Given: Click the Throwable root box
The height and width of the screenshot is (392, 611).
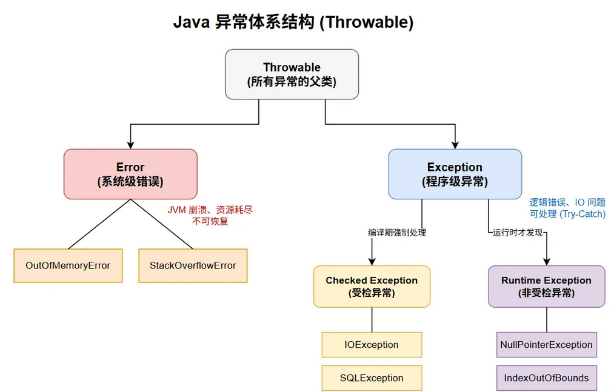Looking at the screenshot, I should (x=292, y=74).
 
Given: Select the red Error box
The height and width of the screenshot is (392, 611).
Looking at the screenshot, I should (x=130, y=174).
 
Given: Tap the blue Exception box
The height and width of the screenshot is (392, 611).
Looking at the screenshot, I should (x=455, y=174).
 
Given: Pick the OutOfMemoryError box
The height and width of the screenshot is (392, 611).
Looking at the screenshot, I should (x=68, y=265).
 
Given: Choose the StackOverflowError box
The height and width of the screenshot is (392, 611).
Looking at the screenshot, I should (x=193, y=265).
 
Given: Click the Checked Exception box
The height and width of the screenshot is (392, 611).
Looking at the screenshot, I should (x=372, y=286).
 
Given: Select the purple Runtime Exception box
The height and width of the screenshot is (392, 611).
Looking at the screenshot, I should (x=546, y=286).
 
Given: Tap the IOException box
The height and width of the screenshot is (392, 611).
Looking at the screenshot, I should (x=372, y=345).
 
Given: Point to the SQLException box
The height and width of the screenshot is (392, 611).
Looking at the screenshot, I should (x=372, y=378).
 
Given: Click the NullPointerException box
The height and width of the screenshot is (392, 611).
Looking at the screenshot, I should (x=546, y=345).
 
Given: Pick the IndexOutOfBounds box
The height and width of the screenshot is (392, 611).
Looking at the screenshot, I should (x=546, y=378).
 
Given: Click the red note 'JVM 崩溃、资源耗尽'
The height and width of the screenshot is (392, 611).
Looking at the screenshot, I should (x=210, y=210).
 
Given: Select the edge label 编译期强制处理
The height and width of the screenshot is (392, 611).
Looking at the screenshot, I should (x=397, y=232).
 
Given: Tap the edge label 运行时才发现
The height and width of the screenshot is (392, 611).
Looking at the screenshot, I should (x=518, y=232).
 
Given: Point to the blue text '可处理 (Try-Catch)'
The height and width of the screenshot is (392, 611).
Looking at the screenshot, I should (x=567, y=214).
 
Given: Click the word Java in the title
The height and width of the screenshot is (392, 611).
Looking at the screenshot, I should (x=192, y=22).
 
